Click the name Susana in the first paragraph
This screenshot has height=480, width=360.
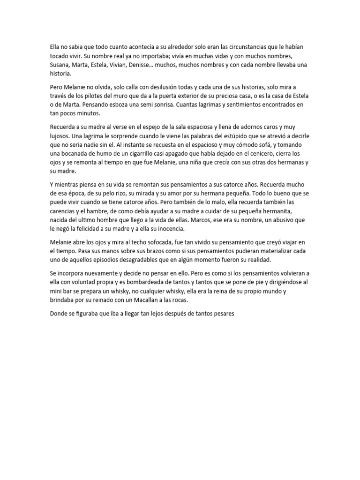coord(60,65)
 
